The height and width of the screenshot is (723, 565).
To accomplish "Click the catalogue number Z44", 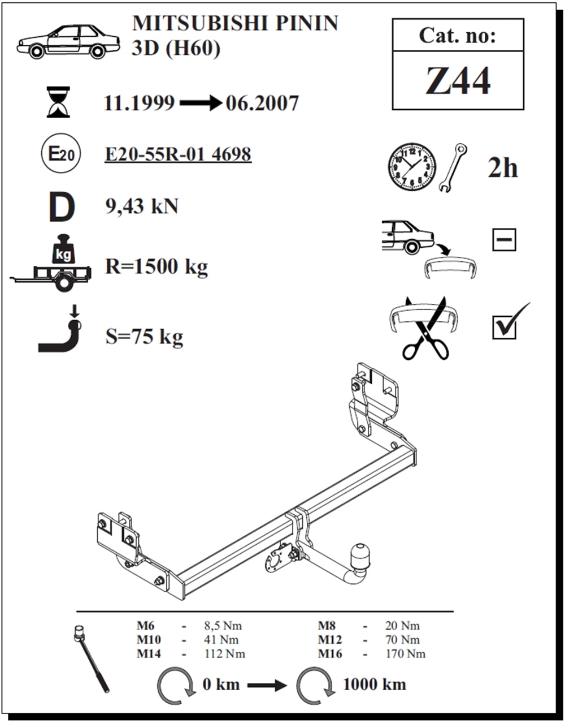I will point(458,81).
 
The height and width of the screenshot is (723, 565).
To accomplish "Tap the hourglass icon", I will point(58,102).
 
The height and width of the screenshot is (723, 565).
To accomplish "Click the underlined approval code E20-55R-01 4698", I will point(178,154).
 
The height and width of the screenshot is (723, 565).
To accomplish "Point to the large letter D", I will point(61,208).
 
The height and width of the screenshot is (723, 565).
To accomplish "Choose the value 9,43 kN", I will point(142,206).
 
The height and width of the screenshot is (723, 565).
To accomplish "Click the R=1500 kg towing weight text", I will point(157,266).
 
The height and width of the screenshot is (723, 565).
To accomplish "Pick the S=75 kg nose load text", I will point(144,337).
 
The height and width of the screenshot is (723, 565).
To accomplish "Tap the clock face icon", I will point(412,167).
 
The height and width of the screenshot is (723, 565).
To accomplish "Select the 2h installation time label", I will point(503,168).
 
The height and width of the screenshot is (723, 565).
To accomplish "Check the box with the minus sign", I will point(504,240).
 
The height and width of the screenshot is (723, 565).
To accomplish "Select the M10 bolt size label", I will point(149,640).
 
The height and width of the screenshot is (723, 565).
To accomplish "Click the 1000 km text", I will point(375,684).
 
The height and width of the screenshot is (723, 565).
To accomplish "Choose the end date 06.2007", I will point(262,103).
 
